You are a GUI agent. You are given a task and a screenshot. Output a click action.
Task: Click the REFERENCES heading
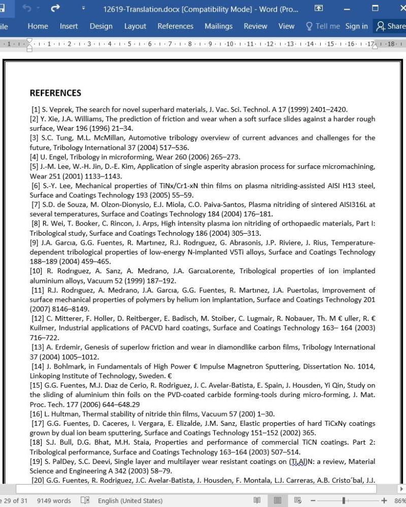click(x=55, y=93)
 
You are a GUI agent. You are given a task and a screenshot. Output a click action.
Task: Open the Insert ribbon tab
click(x=69, y=26)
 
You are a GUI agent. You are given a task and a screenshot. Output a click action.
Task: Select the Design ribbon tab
click(x=101, y=26)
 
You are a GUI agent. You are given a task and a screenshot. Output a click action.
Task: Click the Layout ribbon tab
click(x=135, y=26)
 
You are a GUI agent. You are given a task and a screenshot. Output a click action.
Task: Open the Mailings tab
click(x=218, y=26)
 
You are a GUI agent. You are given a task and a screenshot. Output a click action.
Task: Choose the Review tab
click(x=255, y=26)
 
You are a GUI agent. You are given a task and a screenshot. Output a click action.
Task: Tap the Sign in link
click(x=356, y=26)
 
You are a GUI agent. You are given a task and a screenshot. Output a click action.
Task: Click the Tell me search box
click(x=322, y=26)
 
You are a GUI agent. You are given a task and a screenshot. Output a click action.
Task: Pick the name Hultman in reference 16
click(x=63, y=414)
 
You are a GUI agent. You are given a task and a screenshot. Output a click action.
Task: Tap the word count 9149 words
click(x=54, y=501)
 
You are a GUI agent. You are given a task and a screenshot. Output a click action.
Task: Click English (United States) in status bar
click(x=130, y=501)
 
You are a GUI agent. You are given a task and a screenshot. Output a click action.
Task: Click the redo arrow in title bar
click(x=55, y=8)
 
